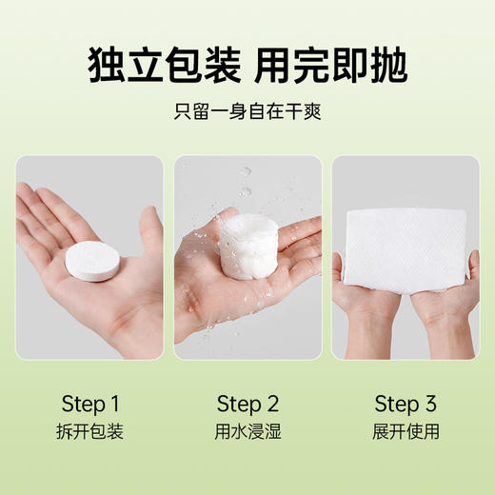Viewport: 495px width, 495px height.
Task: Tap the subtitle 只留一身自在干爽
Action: click(247, 111)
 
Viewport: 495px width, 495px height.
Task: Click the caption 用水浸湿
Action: click(247, 431)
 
